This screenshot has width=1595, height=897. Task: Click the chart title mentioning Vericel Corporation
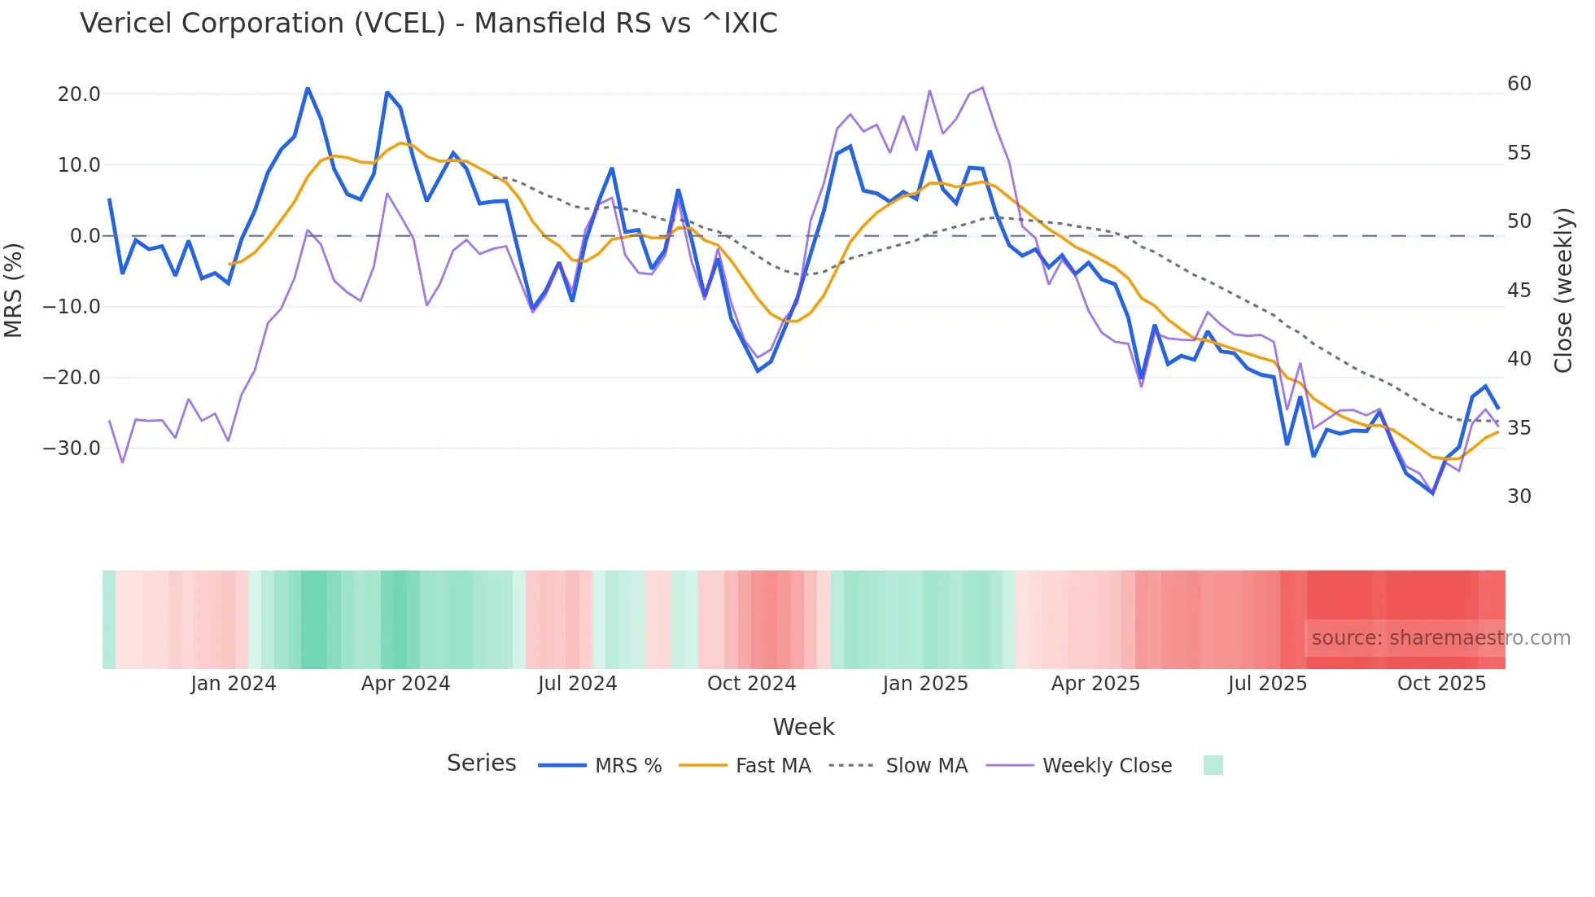click(428, 23)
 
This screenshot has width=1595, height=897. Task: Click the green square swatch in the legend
click(1213, 765)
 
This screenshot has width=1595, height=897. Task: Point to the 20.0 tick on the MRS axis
click(79, 94)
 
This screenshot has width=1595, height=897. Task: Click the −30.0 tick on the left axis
click(72, 448)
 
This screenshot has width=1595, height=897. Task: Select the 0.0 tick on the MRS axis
click(85, 236)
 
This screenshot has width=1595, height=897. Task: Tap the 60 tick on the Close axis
click(1519, 84)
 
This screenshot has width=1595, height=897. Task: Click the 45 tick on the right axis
click(1519, 291)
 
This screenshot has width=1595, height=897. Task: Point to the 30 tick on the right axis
click(1519, 497)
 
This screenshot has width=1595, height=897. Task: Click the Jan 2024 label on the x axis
click(234, 684)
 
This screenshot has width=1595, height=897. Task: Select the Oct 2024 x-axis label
click(751, 684)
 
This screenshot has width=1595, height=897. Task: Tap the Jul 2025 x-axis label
click(1267, 684)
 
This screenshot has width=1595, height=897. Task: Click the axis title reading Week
click(803, 727)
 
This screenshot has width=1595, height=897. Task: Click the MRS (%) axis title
click(14, 290)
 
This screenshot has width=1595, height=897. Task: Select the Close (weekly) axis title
click(1563, 290)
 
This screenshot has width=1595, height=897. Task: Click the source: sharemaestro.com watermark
click(1440, 638)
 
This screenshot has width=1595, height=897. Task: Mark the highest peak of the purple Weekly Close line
click(982, 88)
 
